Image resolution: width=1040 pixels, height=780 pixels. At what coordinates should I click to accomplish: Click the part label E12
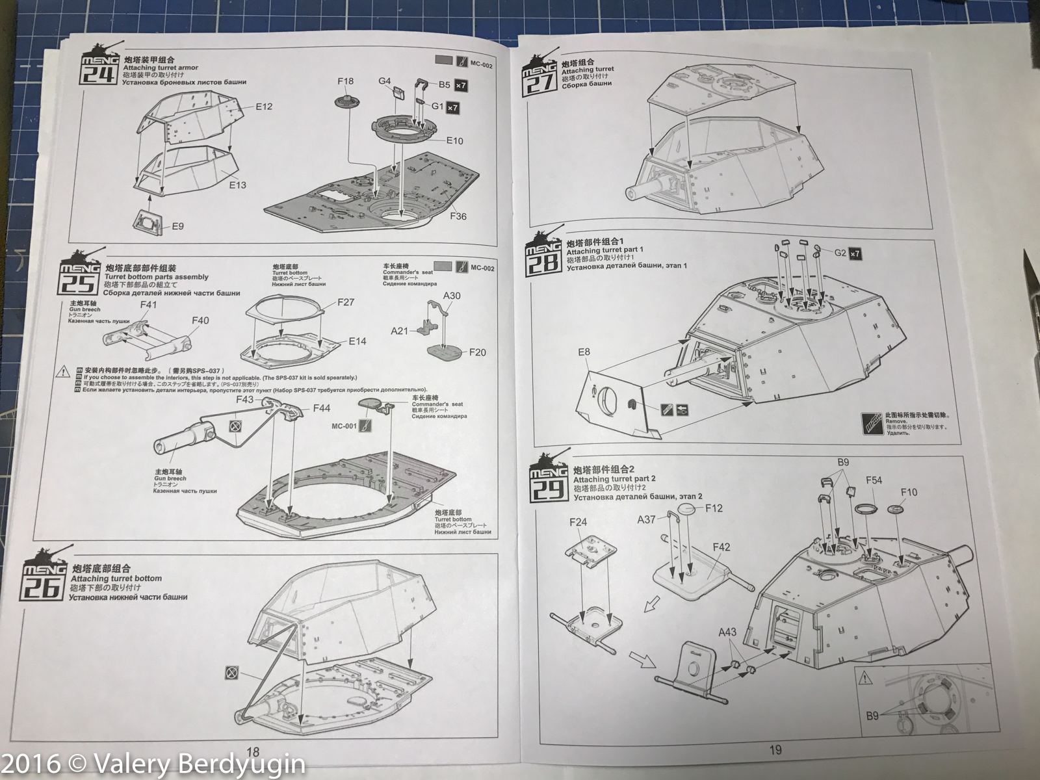click(x=263, y=106)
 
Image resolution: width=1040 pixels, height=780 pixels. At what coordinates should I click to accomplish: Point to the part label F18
click(x=346, y=81)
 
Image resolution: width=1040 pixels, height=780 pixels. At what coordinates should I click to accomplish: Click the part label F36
click(x=458, y=216)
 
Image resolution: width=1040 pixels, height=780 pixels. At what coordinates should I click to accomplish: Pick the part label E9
click(x=177, y=226)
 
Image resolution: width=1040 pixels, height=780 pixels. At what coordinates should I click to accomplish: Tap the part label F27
click(x=346, y=302)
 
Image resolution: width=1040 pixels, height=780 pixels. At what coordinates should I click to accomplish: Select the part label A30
click(x=452, y=296)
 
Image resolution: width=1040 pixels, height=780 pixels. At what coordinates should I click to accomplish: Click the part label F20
click(x=477, y=352)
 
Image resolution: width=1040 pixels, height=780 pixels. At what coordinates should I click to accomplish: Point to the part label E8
click(x=584, y=352)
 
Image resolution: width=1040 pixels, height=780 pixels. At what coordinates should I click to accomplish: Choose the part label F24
click(x=578, y=522)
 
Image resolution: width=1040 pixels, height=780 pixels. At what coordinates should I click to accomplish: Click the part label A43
click(x=727, y=632)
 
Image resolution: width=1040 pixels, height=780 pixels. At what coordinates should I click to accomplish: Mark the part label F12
click(x=714, y=508)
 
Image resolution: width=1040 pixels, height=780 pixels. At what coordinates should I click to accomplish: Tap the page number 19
click(x=775, y=750)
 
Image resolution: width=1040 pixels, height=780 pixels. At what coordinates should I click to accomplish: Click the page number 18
click(x=253, y=753)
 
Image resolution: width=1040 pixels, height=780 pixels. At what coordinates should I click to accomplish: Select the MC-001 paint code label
click(x=344, y=426)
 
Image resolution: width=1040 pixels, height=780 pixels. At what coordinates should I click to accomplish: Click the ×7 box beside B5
click(x=461, y=85)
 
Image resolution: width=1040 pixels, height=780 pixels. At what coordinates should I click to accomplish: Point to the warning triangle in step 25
click(x=62, y=372)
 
